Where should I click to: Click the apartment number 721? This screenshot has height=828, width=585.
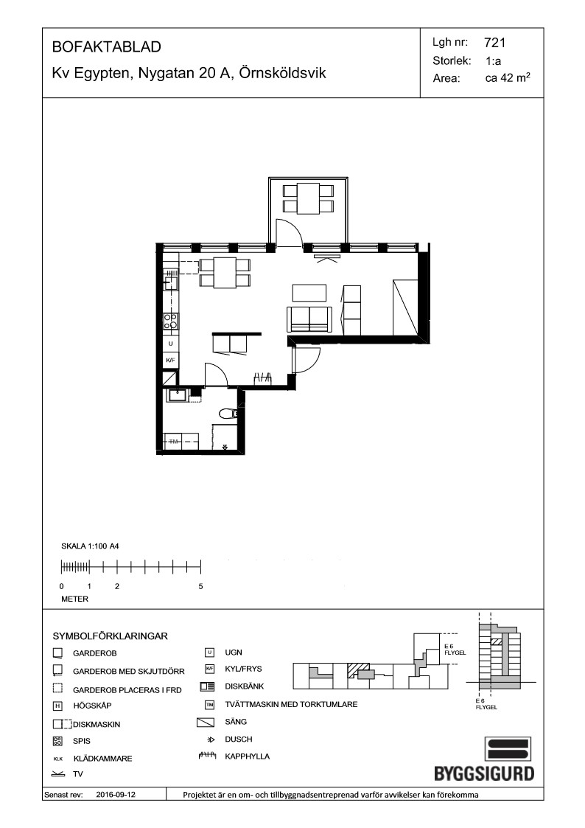coord(494,43)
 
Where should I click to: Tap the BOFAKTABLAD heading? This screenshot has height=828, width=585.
coord(107,47)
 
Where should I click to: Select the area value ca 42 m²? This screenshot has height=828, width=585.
coord(508,78)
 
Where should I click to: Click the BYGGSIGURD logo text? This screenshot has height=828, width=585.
coord(484,773)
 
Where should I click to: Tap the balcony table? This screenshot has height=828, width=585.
coord(308,198)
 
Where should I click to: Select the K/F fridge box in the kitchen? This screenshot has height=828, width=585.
coord(170,360)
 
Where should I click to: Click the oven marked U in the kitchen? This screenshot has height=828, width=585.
coord(170,344)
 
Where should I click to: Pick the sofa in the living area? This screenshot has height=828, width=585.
coord(309,319)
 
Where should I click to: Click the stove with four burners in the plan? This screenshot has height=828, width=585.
coord(170,321)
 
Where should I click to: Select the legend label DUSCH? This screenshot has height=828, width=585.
coord(239,740)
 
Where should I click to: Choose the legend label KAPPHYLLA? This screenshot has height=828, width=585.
coord(247,756)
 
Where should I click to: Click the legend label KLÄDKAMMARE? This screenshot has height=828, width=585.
coord(103,758)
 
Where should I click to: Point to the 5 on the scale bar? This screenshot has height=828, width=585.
coord(200,586)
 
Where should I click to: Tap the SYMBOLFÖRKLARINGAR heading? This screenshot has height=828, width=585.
coord(111,636)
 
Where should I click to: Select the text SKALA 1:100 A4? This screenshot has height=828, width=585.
coord(90,546)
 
